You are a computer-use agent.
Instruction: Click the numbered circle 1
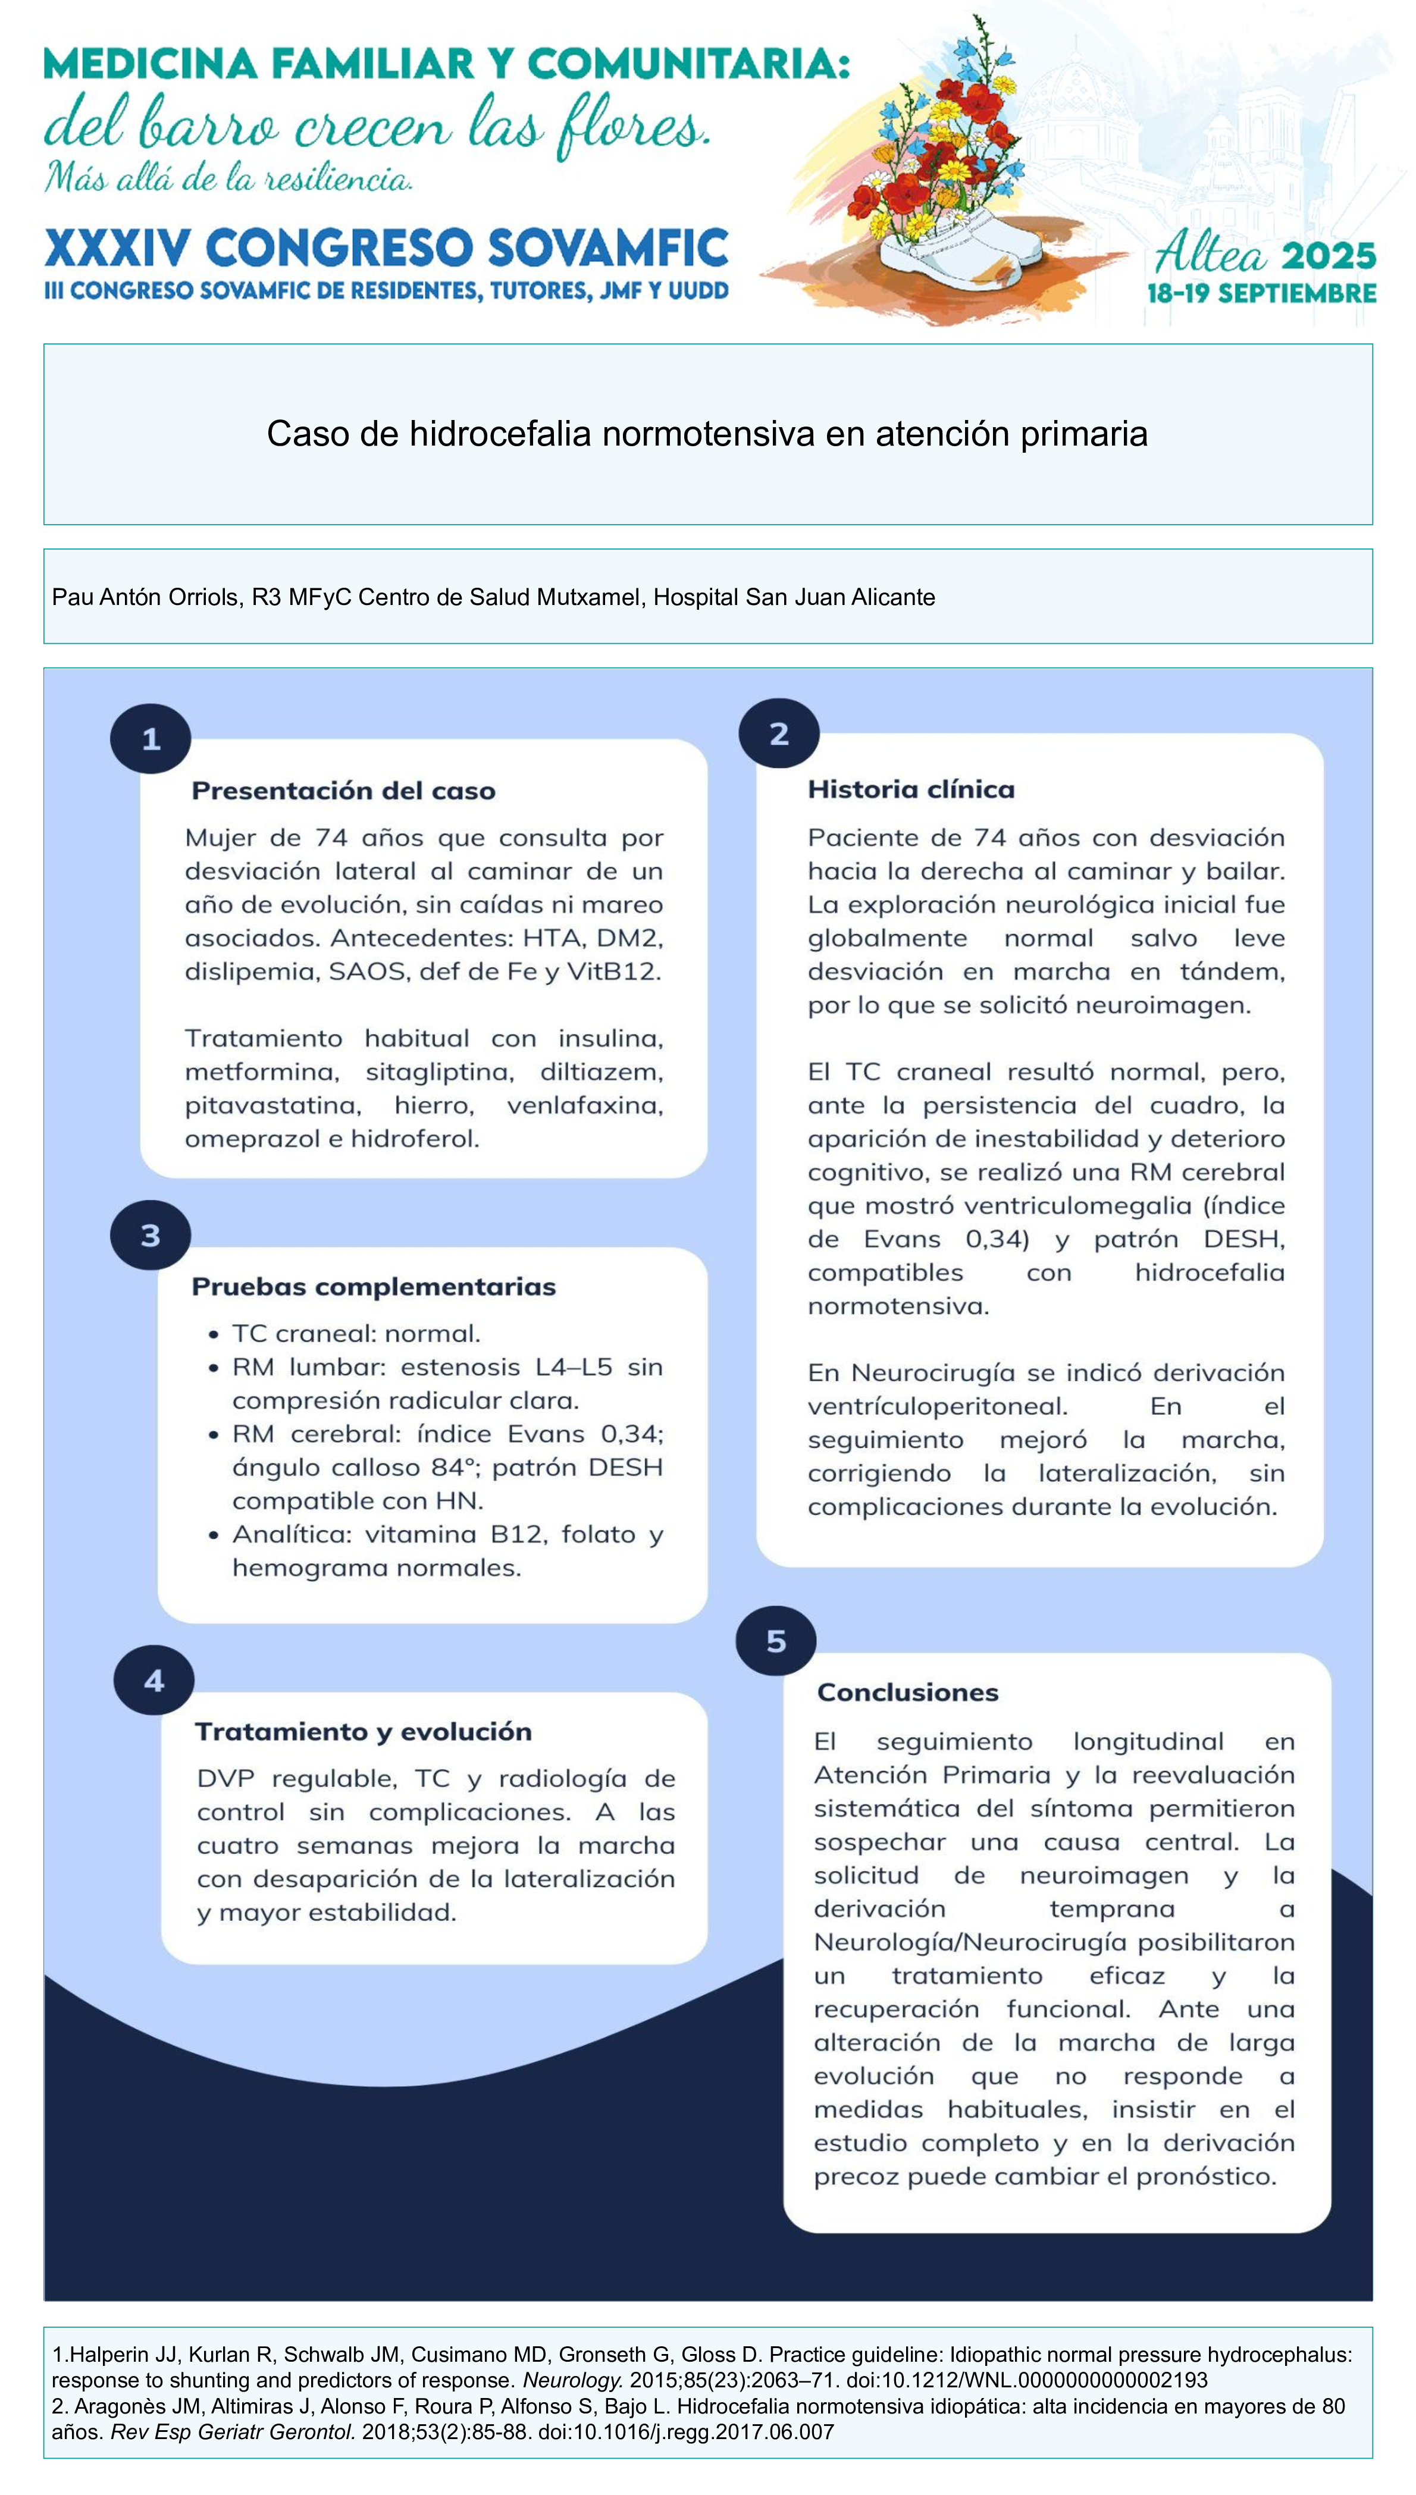pos(150,739)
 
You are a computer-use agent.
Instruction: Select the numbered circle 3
pos(150,1235)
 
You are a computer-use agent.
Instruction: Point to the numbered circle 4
pos(153,1680)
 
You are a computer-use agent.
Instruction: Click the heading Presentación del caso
pos(343,791)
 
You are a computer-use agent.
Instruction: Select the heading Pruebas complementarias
pos(374,1286)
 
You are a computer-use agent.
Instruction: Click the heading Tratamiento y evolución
pos(364,1732)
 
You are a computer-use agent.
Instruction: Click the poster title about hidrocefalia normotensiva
pos(707,434)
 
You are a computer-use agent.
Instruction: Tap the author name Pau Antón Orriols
pos(146,597)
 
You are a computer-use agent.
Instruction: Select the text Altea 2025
pos(1264,255)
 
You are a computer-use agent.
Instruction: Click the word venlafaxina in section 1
pos(584,1105)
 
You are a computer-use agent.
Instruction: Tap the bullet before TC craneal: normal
pos(213,1334)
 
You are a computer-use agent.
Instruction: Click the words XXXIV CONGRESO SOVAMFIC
pos(386,248)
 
